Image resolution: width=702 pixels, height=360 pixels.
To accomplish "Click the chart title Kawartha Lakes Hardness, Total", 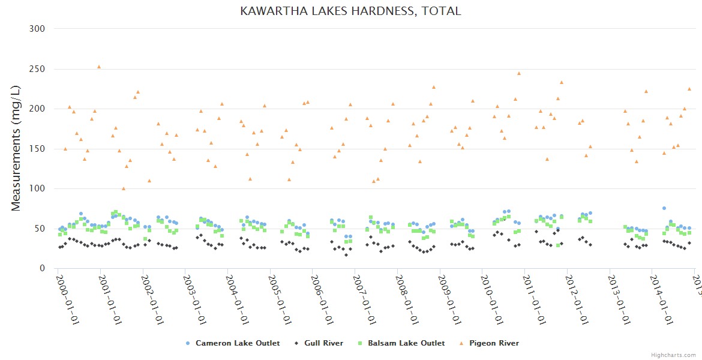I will point(350,11).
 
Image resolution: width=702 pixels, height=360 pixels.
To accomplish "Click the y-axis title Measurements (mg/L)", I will point(16,148).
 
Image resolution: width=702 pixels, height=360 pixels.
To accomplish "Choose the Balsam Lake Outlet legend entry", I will point(406,343).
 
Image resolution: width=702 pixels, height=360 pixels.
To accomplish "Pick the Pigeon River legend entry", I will point(494,343).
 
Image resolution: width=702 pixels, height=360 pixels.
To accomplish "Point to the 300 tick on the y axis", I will point(37,29).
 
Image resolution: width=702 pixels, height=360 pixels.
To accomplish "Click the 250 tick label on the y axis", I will point(37,69).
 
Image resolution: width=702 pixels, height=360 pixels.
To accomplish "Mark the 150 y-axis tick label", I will point(37,149).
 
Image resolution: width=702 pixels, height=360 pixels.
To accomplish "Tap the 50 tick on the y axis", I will point(40,229).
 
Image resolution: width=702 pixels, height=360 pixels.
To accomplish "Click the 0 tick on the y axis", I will point(42,269).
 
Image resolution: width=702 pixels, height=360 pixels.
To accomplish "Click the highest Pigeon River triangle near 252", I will point(99,67).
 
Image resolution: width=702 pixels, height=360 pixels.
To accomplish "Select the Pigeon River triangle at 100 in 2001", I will point(124,188).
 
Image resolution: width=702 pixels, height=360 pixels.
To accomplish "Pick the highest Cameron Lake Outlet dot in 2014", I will point(664,208).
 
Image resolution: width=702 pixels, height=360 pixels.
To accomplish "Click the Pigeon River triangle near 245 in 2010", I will point(519,74).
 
